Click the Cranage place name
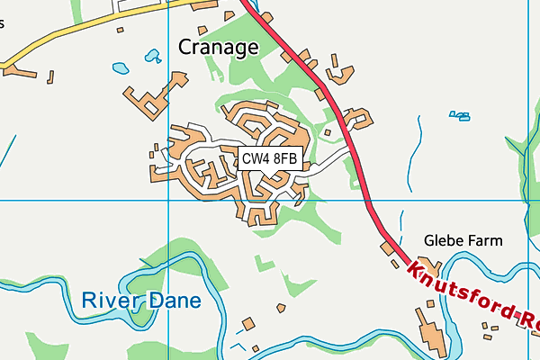click(x=218, y=47)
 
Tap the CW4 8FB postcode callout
click(x=268, y=158)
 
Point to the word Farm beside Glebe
click(x=486, y=240)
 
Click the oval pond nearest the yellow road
click(x=120, y=67)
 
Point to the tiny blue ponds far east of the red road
click(x=460, y=115)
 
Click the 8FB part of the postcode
click(x=283, y=158)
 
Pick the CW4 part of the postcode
click(x=255, y=158)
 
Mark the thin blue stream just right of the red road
click(x=418, y=135)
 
